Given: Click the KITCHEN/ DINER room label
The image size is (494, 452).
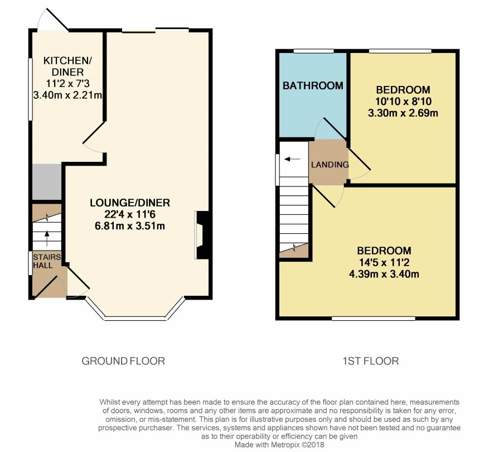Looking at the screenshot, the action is [x=67, y=66].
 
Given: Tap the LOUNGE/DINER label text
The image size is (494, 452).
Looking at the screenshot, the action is [x=130, y=203].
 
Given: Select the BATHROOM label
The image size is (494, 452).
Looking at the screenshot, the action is [x=313, y=85].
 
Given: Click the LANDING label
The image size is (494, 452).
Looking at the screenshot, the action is [x=330, y=165].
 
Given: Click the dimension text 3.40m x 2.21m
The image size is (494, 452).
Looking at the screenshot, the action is [x=67, y=95].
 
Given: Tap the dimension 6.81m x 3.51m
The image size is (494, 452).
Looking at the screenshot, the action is [x=130, y=226].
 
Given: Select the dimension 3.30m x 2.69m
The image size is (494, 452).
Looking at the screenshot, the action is [x=403, y=113].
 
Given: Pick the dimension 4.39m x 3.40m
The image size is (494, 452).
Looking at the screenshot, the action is [x=384, y=274].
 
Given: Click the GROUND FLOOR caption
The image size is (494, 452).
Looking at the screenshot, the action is [x=123, y=361].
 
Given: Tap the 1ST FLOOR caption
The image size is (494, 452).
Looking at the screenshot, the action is [x=370, y=361].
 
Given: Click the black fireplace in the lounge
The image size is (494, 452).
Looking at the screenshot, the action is [x=202, y=235].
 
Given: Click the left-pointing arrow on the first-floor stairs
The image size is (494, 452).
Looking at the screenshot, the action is [x=292, y=159].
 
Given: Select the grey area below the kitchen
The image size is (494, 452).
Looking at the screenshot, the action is [x=47, y=181].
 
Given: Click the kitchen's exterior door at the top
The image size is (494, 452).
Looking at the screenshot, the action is [x=52, y=19].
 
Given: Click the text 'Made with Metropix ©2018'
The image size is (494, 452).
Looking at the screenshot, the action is [x=279, y=445].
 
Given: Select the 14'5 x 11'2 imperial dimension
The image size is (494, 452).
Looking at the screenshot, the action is [x=384, y=262].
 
